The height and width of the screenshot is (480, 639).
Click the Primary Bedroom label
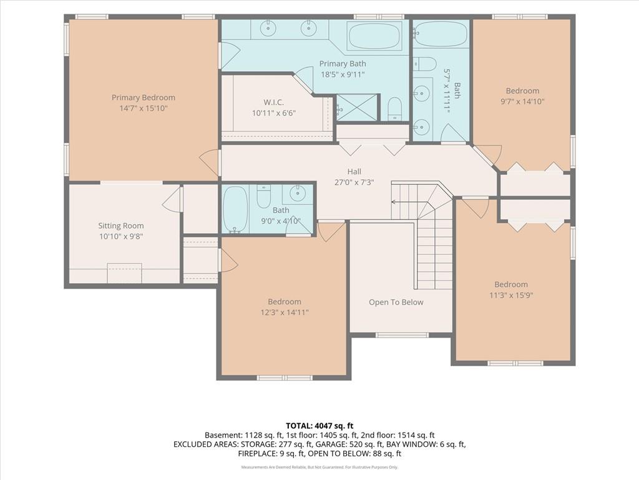144,97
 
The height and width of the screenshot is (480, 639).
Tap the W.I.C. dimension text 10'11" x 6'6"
273,113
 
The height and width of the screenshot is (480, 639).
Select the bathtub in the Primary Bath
374,36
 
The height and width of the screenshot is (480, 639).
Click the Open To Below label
396,302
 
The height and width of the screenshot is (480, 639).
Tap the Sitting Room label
120,226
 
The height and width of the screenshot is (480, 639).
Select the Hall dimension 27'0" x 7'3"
354,182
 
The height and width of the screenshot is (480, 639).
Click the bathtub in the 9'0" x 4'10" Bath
235,209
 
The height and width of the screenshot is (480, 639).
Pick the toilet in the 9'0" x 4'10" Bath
264,196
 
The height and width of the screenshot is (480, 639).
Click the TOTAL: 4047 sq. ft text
319,426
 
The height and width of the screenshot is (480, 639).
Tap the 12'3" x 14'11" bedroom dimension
285,312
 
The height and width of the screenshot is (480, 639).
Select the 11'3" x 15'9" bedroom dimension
511,295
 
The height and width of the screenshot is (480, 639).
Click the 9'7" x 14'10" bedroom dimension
522,102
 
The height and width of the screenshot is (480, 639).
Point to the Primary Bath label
343,64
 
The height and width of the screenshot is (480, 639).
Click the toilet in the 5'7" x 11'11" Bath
426,64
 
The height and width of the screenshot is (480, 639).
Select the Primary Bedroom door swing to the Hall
209,163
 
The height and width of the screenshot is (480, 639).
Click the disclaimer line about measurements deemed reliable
319,467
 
